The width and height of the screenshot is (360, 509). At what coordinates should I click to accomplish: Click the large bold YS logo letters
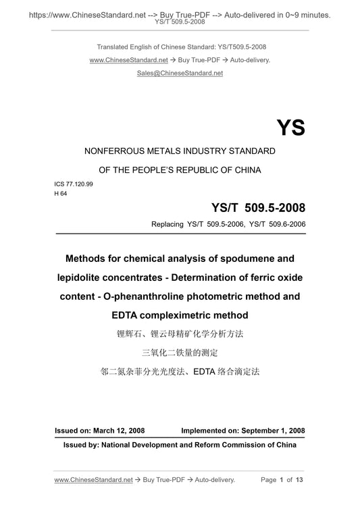(290, 128)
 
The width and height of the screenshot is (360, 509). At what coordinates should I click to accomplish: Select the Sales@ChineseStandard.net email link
(180, 73)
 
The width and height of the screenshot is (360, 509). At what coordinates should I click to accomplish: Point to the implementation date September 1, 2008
(270, 430)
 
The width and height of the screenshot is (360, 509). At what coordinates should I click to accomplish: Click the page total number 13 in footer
(300, 479)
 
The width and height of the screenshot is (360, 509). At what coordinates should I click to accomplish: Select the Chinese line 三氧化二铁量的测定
(180, 352)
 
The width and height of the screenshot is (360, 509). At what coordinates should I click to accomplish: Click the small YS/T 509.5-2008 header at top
(180, 22)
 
